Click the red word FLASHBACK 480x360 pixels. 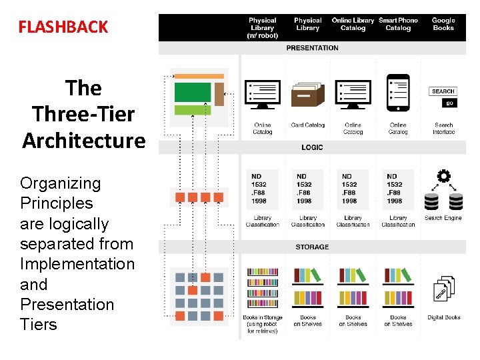tap(63, 27)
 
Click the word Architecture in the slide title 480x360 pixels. tap(83, 141)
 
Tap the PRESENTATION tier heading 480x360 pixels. tap(312, 48)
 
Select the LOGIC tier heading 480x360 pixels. tap(312, 147)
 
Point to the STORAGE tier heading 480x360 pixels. tap(312, 247)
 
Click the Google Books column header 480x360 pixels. tap(443, 24)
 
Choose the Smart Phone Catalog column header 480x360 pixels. tap(398, 24)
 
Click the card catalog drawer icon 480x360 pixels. tap(307, 96)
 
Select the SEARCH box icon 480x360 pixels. tap(443, 91)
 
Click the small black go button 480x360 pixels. tap(450, 103)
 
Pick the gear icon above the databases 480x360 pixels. tap(443, 177)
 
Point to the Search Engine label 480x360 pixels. tap(443, 218)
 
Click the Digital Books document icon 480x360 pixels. tap(444, 289)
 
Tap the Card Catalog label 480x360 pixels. tap(307, 125)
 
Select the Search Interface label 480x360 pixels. tap(443, 128)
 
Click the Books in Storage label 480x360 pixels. tap(263, 324)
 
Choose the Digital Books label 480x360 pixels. tap(444, 317)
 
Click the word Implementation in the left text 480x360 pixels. tap(77, 264)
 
